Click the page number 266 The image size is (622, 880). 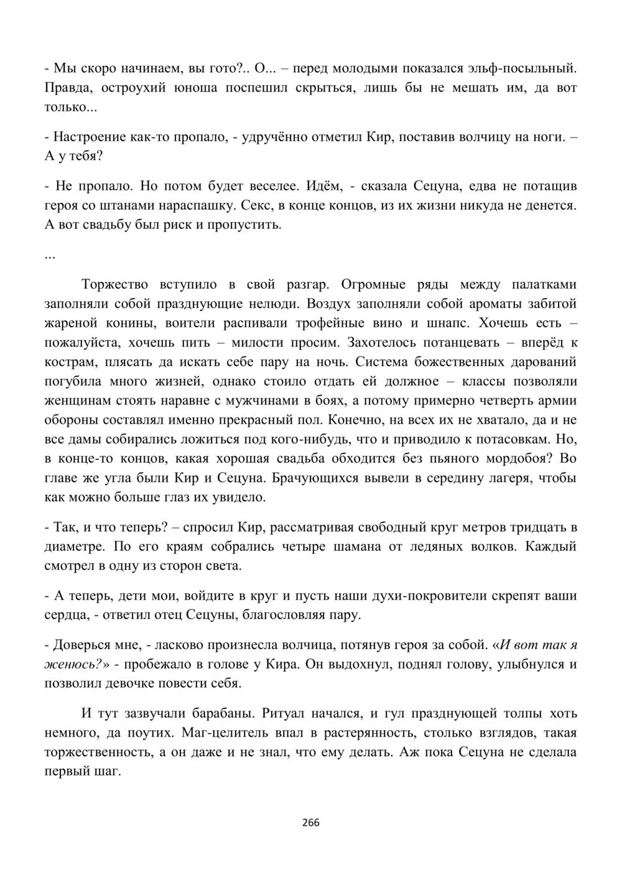point(310,823)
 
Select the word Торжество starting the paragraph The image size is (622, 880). point(115,284)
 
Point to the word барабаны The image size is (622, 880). point(200,713)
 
